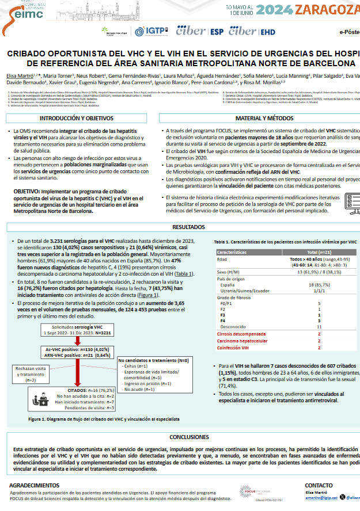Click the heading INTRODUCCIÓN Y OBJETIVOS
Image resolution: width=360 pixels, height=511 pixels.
click(75, 118)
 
